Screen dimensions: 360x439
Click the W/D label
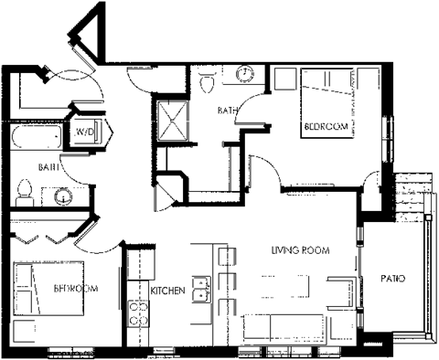coord(85,132)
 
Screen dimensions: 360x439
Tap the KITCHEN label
coord(169,291)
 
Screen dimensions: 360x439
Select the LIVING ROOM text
coord(299,250)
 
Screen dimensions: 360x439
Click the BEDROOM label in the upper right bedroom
coord(326,128)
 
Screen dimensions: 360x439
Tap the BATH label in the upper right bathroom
coord(228,111)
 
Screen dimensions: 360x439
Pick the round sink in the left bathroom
coord(63,195)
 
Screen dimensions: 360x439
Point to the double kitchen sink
coord(203,292)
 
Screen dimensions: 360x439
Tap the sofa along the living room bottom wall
coord(284,325)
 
